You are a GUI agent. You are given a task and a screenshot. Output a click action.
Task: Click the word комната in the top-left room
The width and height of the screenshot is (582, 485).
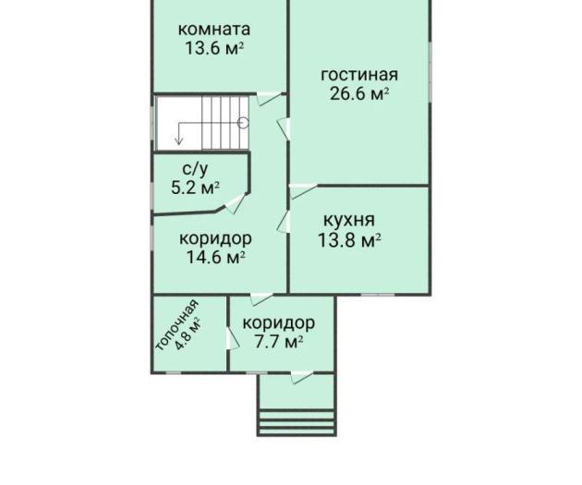(x=213, y=30)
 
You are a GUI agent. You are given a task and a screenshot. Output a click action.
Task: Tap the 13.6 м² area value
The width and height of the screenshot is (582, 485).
(x=214, y=48)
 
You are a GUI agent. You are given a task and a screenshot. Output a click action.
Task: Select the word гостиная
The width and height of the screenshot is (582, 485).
(x=359, y=75)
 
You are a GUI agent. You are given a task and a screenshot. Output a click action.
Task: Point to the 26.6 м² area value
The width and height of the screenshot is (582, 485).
(x=359, y=93)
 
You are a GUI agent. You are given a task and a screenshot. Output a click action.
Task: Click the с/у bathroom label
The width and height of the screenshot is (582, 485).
(x=196, y=169)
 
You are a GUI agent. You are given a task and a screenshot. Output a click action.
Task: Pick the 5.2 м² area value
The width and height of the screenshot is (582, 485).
(x=195, y=188)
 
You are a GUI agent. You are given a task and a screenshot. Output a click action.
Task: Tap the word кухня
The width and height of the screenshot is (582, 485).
(x=349, y=221)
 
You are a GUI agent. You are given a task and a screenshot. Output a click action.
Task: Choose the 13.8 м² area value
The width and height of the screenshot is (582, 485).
(x=349, y=239)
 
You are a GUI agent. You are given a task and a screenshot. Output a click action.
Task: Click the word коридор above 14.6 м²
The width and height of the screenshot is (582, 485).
(x=215, y=239)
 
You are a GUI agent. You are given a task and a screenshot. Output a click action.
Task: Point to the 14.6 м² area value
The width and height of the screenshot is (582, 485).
(x=215, y=257)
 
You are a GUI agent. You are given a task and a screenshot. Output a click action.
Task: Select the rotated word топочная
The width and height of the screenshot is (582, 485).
(x=176, y=325)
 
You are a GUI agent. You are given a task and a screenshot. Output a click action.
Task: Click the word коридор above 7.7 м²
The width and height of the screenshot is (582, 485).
(x=278, y=323)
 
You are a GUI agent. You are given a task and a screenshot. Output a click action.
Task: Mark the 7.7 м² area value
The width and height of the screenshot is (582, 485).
(x=278, y=342)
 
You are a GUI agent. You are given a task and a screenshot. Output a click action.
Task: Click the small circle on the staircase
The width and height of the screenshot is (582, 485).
(x=243, y=122)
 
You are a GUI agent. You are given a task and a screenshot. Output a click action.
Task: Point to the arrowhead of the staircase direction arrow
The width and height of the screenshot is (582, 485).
(x=179, y=140)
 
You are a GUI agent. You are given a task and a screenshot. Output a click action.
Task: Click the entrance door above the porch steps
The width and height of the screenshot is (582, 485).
(x=301, y=377)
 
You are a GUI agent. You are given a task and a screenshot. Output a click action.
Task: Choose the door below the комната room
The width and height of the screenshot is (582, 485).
(x=269, y=99)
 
